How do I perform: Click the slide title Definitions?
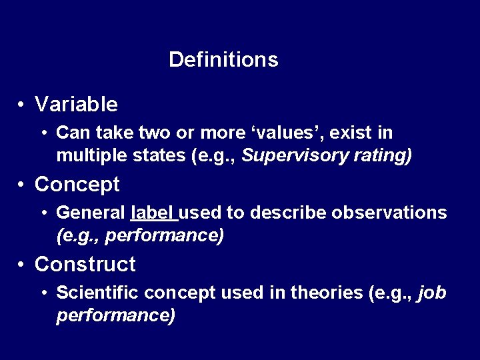point(223,60)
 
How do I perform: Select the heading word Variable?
point(76,105)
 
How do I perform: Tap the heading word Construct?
point(85,265)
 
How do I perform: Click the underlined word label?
point(153,213)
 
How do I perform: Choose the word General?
point(91,213)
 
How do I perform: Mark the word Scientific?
point(97,293)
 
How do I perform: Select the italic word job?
point(432,293)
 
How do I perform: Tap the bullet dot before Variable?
point(22,105)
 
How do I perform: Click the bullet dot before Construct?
point(22,265)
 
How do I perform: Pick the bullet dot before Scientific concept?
point(43,293)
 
